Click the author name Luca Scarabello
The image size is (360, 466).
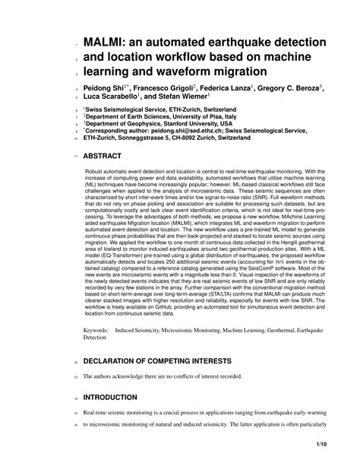pyautogui.click(x=110, y=98)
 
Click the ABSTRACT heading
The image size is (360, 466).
pyautogui.click(x=106, y=156)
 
